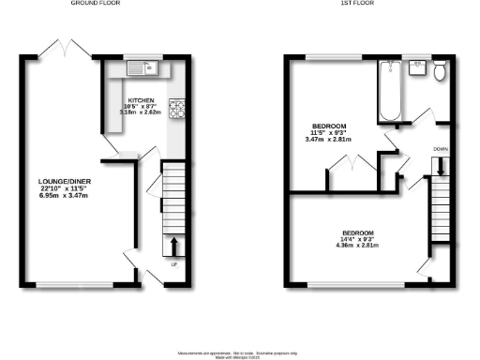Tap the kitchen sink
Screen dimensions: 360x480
144,67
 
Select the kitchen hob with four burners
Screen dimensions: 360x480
176,106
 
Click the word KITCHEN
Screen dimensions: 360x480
142,98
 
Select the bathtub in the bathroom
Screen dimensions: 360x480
390,92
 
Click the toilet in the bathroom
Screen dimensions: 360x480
442,69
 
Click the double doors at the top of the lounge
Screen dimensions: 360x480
63,49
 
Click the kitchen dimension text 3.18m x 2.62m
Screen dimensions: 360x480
142,113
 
